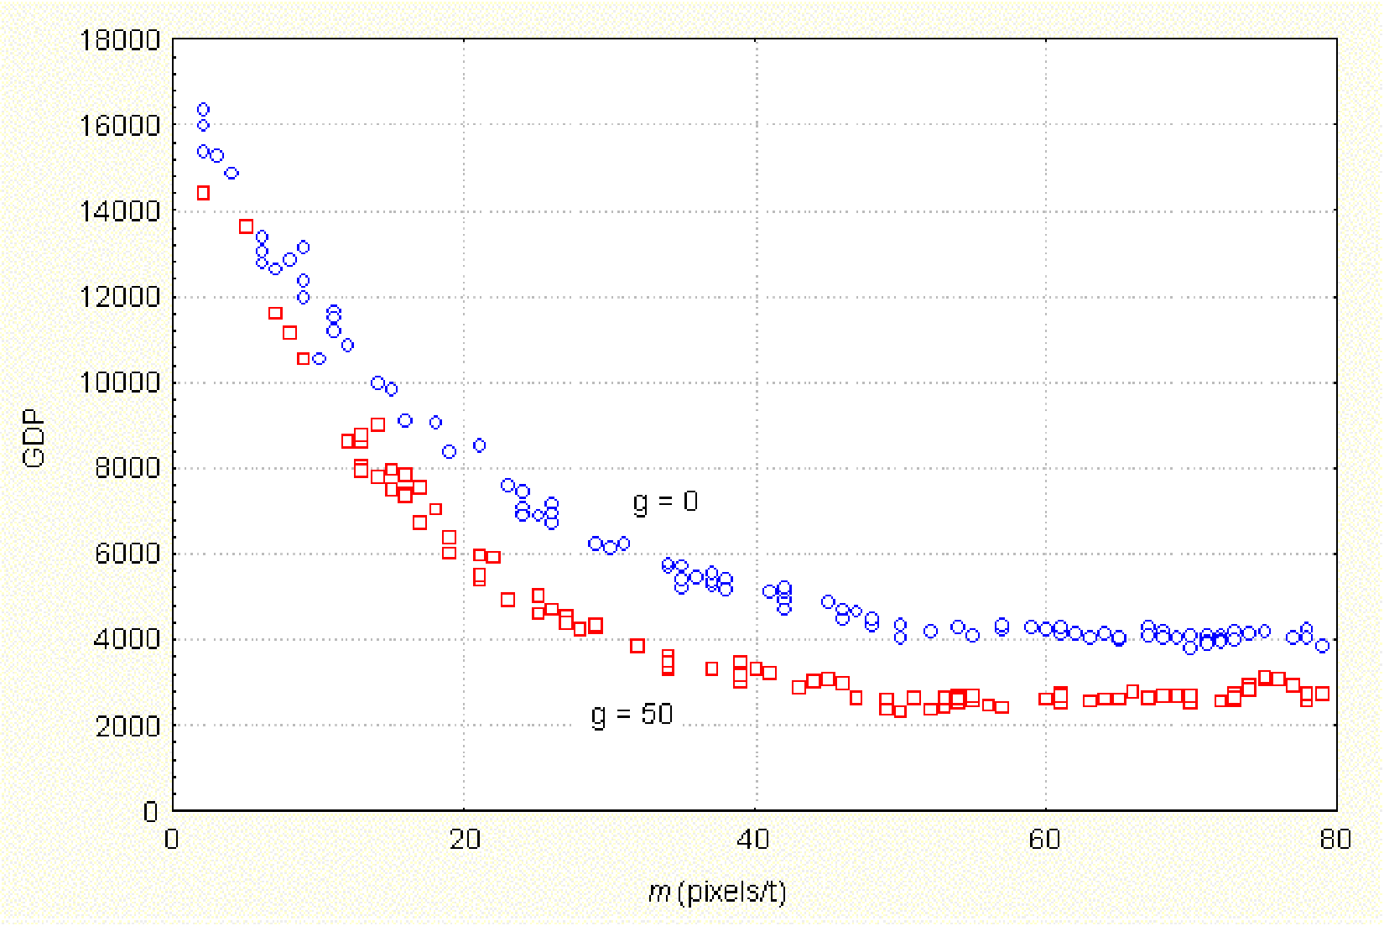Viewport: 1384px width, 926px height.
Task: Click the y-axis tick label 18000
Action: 119,40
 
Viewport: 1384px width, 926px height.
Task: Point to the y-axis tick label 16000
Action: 119,126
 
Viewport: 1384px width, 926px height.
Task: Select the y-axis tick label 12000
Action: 119,297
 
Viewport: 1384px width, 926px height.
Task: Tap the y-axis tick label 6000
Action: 127,554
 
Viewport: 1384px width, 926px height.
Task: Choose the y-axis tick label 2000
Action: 127,726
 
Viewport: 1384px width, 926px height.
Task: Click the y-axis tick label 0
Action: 150,811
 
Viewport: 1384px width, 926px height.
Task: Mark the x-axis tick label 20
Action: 464,840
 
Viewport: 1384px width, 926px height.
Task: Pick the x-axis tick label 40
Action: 754,840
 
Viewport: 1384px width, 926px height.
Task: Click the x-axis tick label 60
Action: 1044,840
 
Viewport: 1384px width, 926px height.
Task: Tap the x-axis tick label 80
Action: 1335,840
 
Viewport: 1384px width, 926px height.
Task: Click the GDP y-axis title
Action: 34,438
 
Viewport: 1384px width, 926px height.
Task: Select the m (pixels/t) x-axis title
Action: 717,892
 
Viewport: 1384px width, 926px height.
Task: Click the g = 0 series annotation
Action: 665,502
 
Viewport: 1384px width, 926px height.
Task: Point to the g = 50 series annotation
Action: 632,715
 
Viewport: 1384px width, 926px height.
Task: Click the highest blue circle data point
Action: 203,110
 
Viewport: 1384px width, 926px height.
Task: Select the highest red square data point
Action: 203,194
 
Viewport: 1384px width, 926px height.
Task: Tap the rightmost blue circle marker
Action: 1323,646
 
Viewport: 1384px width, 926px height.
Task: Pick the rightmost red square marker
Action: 1323,694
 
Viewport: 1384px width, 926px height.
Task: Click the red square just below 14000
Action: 246,226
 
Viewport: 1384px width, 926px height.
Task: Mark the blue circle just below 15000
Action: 232,174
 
